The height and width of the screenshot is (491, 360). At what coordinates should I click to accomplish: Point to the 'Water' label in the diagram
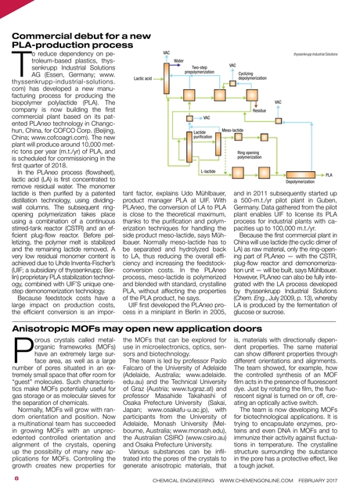(x=178, y=60)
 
